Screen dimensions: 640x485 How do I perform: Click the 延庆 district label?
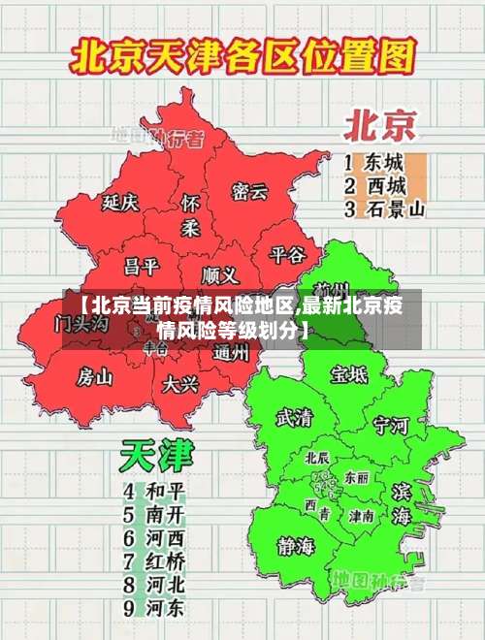point(121,202)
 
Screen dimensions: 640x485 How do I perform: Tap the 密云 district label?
point(249,191)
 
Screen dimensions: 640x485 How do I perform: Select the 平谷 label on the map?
point(287,254)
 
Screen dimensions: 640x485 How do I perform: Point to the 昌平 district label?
point(141,266)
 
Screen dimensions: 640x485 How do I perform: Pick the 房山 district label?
point(95,375)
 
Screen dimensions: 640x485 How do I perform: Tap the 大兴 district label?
point(180,384)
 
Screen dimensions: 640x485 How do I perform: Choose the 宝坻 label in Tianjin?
point(348,373)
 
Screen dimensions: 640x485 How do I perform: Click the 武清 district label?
point(294,418)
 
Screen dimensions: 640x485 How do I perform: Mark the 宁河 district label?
point(391,425)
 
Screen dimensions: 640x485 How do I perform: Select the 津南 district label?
point(362,516)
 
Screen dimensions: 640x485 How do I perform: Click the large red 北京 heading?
point(381,126)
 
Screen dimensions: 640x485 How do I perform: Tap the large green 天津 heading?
point(157,456)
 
